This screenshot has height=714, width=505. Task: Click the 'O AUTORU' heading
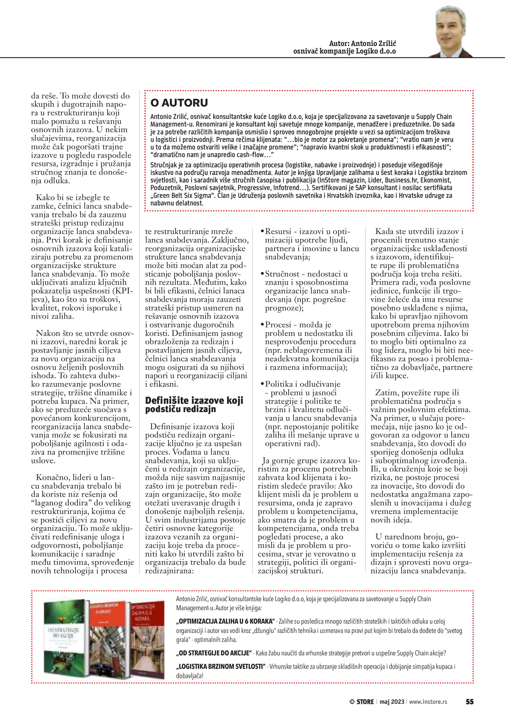point(179,103)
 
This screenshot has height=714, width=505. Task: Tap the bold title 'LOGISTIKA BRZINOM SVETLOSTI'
point(221,666)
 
